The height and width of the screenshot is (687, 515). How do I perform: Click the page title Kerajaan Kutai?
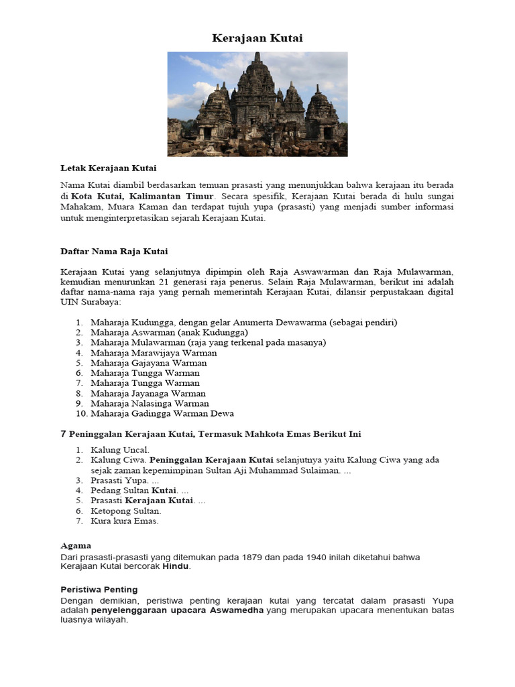click(257, 38)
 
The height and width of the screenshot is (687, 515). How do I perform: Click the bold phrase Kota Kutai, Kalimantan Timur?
click(142, 196)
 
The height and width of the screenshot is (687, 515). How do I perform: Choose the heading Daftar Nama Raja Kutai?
click(114, 251)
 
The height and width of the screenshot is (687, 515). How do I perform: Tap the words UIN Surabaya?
click(86, 302)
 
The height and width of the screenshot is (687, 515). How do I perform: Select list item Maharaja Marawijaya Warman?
click(154, 353)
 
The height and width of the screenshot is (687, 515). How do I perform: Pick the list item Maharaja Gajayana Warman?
click(149, 363)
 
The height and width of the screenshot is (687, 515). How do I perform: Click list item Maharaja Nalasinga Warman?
click(150, 404)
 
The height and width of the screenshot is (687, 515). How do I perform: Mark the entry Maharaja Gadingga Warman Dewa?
click(162, 414)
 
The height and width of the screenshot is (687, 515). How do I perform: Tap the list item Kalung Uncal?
click(120, 450)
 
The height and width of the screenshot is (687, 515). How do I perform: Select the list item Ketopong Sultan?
click(126, 511)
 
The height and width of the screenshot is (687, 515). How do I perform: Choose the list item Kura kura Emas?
click(125, 521)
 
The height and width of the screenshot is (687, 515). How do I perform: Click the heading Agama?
click(76, 545)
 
